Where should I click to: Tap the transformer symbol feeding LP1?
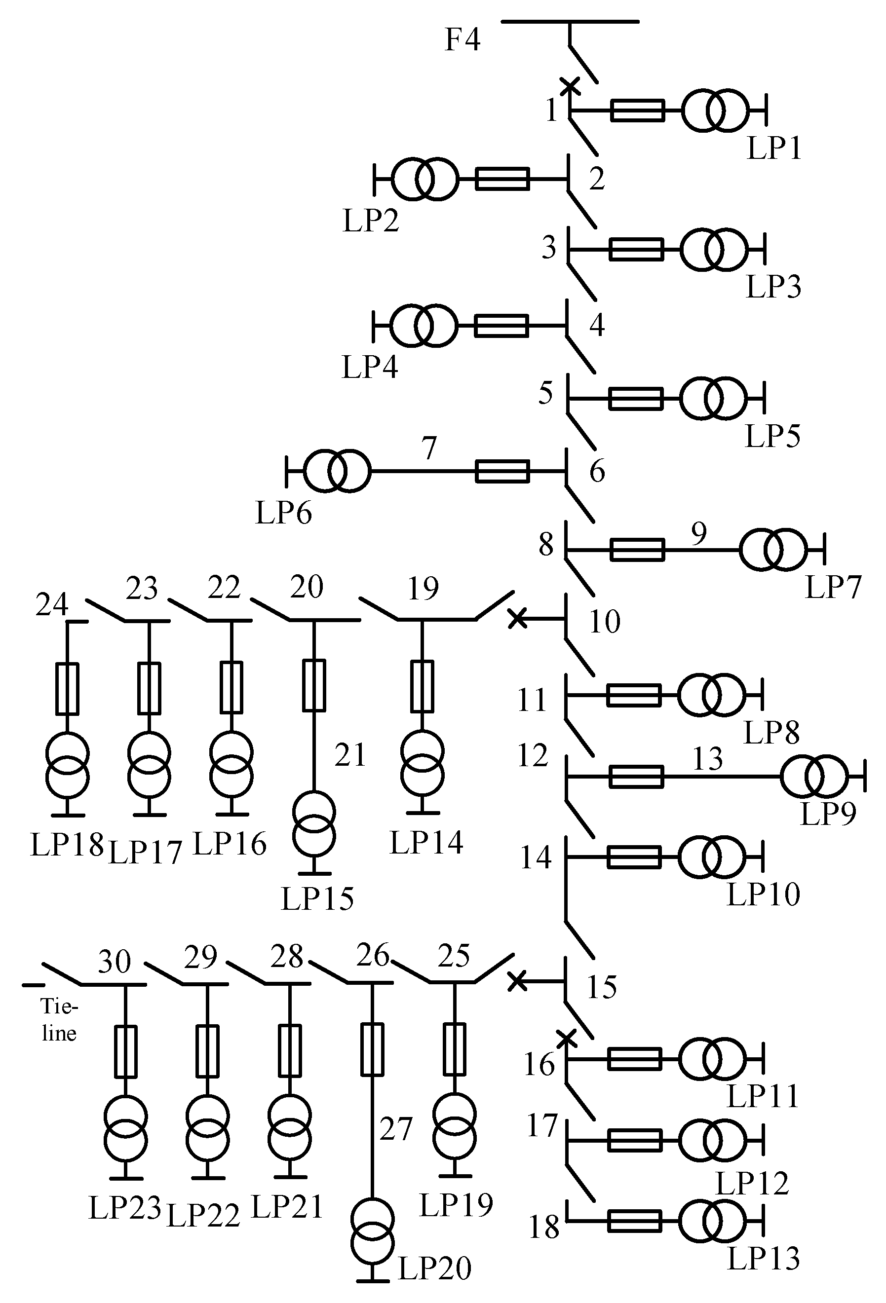(715, 111)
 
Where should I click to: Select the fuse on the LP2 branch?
(502, 180)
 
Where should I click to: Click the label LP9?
(828, 814)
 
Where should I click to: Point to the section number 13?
(707, 760)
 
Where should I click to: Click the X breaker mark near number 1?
(570, 86)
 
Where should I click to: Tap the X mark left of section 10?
(517, 619)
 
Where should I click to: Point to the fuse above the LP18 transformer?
(67, 689)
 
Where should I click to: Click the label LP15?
(317, 899)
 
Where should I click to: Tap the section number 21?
(350, 755)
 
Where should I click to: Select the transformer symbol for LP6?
(337, 472)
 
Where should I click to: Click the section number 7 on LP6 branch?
(429, 448)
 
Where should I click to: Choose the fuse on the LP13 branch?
(634, 1221)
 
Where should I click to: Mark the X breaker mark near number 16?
(567, 1039)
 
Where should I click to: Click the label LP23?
(124, 1208)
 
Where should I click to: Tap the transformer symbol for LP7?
(773, 550)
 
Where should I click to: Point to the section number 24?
(52, 605)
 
